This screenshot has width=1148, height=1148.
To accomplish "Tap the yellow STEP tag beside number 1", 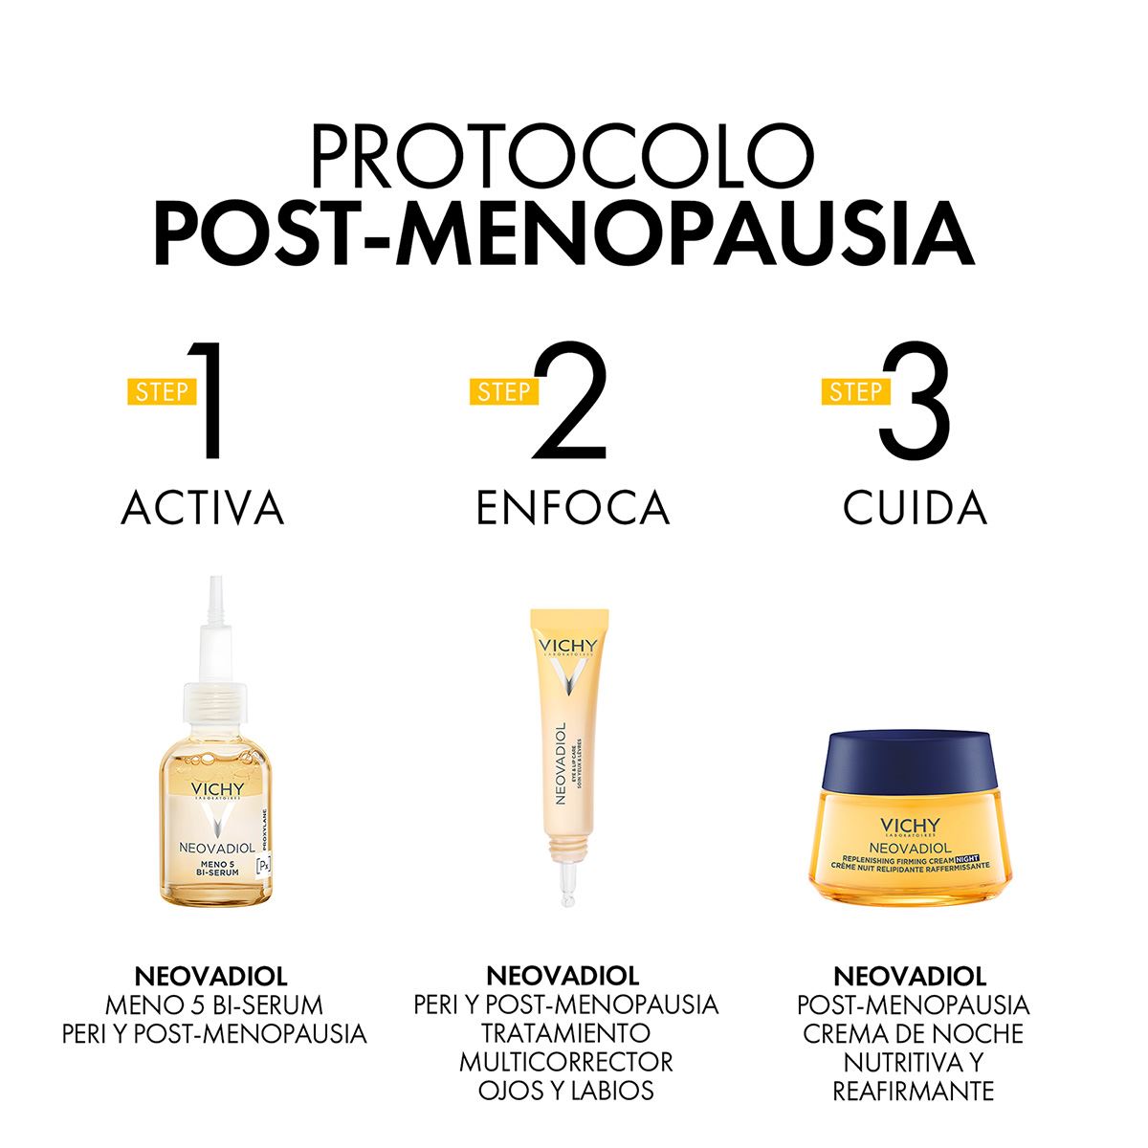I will click(162, 391).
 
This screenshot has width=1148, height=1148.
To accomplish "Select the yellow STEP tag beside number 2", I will click(503, 391).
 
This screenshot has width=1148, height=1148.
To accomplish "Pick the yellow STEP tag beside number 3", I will click(855, 391).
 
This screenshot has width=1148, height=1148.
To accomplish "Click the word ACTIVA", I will click(203, 508).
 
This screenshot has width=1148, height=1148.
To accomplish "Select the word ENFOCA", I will click(572, 508).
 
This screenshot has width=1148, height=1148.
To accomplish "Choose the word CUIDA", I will click(915, 508).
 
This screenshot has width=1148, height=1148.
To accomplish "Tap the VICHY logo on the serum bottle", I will click(217, 789).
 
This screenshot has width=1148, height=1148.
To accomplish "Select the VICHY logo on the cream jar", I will click(910, 827).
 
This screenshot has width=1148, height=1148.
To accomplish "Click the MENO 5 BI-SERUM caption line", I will click(213, 1004).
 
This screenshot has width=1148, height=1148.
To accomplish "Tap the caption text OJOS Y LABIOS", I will click(566, 1091).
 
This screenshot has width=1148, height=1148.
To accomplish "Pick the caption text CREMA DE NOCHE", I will click(913, 1033).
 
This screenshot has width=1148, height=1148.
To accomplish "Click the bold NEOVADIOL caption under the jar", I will click(910, 976).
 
